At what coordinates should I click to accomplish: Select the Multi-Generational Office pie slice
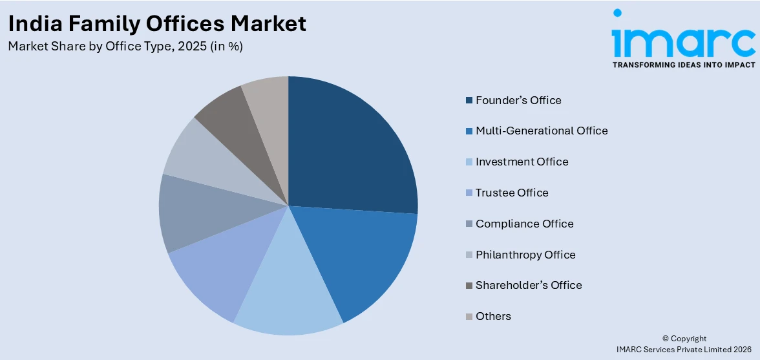click(x=362, y=259)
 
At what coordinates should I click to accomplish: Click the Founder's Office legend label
click(x=518, y=100)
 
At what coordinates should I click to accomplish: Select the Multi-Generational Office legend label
click(x=542, y=131)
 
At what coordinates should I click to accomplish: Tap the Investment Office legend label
click(x=522, y=162)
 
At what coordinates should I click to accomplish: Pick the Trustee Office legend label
click(x=512, y=193)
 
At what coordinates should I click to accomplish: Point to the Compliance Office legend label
click(x=525, y=224)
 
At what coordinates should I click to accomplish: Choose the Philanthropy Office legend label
click(x=525, y=255)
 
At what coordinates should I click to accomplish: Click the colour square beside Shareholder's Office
click(x=469, y=286)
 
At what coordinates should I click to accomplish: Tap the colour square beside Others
click(x=469, y=317)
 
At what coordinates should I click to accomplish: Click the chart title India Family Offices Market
click(x=157, y=24)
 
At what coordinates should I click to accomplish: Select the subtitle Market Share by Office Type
click(x=125, y=47)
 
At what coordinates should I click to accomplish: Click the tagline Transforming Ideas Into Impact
click(x=683, y=65)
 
